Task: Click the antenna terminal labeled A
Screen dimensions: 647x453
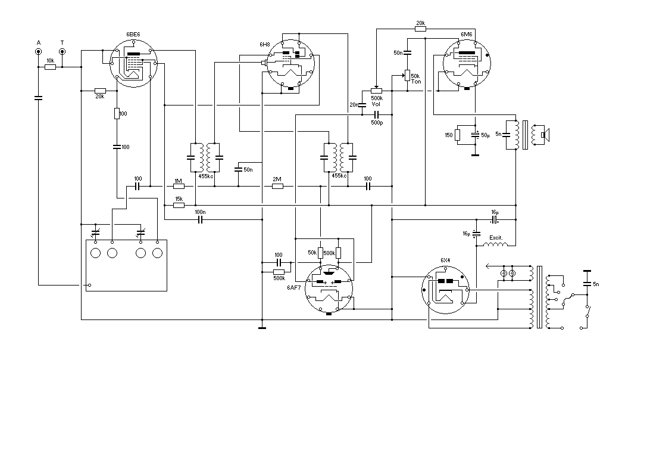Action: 38,52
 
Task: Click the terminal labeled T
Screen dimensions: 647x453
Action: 62,52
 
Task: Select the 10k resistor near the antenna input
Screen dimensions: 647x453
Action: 50,67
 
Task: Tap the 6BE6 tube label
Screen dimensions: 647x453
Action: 133,35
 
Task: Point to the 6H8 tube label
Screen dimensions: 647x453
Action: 264,44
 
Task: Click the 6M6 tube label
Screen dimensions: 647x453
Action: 467,35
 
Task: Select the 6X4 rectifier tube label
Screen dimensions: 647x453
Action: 445,260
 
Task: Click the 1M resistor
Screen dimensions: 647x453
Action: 178,187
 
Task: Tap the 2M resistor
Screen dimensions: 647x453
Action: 278,187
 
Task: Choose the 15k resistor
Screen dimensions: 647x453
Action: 178,205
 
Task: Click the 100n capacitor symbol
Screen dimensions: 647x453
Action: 201,219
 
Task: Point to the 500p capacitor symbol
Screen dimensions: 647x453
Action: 376,114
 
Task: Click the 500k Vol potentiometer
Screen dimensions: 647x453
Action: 376,91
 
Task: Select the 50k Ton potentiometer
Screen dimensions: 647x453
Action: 407,76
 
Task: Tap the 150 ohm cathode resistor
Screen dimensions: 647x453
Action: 457,135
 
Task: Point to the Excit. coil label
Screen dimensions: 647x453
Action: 496,238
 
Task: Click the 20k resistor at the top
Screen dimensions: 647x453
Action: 420,29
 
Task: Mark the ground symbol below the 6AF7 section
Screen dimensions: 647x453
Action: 262,328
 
